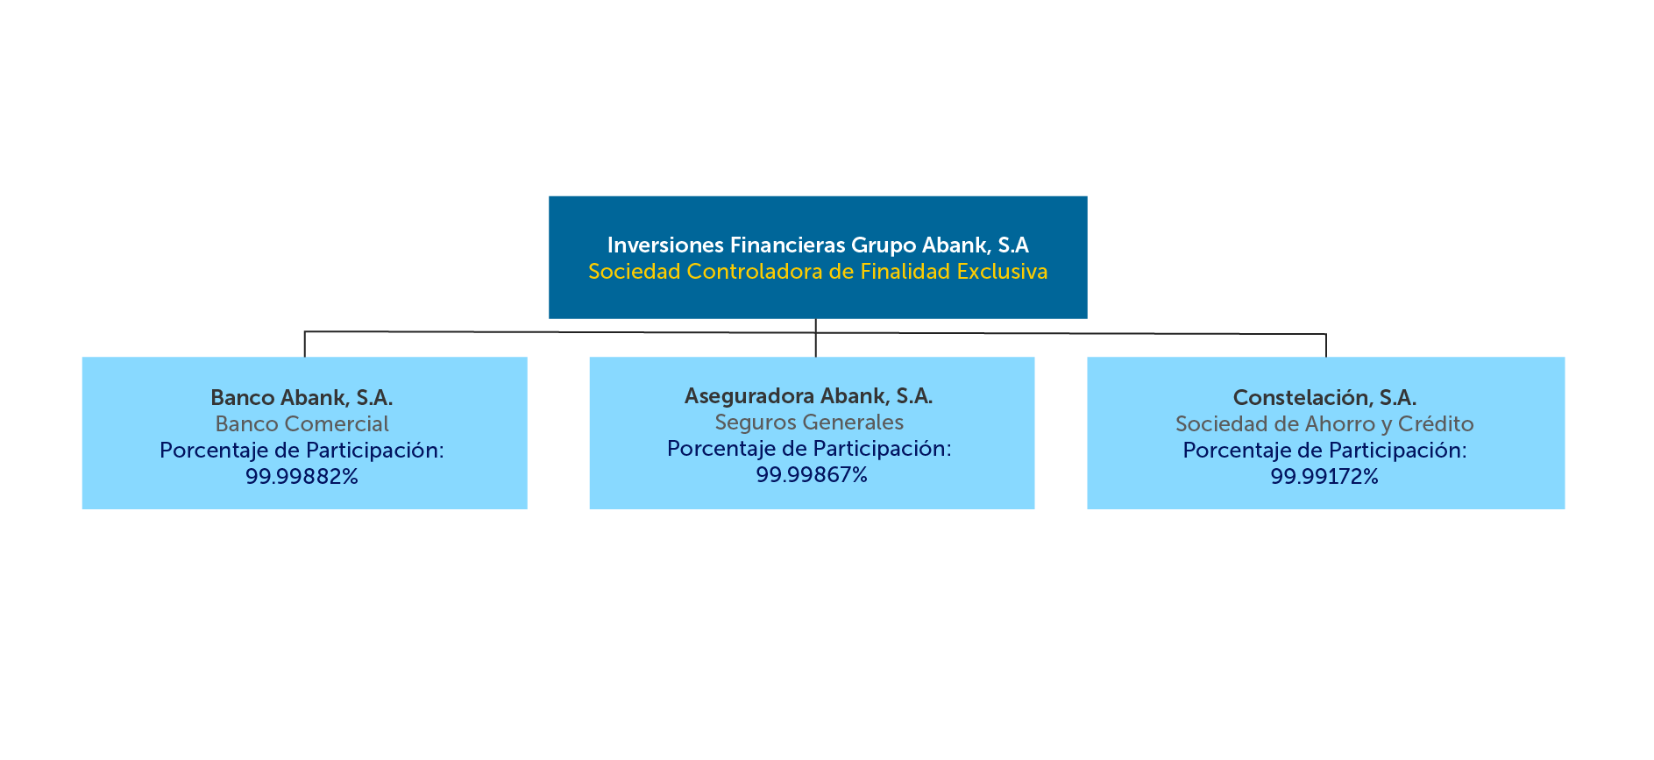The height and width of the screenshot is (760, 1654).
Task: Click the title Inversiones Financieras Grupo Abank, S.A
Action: pyautogui.click(x=817, y=245)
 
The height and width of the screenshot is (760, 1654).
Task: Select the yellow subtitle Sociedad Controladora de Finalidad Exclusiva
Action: pyautogui.click(x=817, y=272)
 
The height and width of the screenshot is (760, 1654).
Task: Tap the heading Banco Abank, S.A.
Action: pyautogui.click(x=302, y=398)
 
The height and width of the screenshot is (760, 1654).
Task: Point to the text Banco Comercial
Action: pyautogui.click(x=302, y=424)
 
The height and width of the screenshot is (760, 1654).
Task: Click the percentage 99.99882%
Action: pyautogui.click(x=302, y=477)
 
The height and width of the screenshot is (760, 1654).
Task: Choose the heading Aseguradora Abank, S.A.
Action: pyautogui.click(x=808, y=396)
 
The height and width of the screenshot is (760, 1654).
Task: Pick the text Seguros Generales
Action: pyautogui.click(x=808, y=423)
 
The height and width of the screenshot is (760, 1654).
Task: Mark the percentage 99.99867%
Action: pyautogui.click(x=811, y=475)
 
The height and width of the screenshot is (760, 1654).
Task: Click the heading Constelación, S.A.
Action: pyautogui.click(x=1324, y=398)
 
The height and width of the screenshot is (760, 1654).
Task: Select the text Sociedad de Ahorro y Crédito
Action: pyautogui.click(x=1324, y=424)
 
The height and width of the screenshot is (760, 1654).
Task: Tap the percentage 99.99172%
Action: pyautogui.click(x=1324, y=477)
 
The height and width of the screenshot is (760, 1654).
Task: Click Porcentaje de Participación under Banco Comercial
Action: pyautogui.click(x=302, y=451)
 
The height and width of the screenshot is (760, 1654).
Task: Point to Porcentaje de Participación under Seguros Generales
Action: pyautogui.click(x=808, y=449)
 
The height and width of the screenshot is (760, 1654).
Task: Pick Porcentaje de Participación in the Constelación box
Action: pyautogui.click(x=1324, y=451)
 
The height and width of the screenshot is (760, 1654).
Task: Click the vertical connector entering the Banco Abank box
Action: pyautogui.click(x=304, y=344)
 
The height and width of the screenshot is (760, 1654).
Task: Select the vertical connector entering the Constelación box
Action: pyautogui.click(x=1326, y=345)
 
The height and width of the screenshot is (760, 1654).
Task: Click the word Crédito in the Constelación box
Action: pyautogui.click(x=1436, y=424)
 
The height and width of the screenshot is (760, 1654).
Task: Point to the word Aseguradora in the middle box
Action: pyautogui.click(x=749, y=396)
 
